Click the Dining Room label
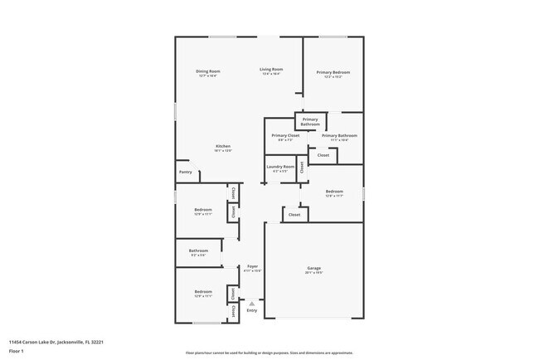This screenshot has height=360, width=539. coord(207,71)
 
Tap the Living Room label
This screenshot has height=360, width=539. coord(271,70)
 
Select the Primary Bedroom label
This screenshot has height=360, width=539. coord(333,72)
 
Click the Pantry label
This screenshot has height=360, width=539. coord(186,172)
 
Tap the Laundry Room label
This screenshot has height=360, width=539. coord(280,167)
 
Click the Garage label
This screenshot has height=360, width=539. coord(314,268)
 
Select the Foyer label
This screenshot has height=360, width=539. coord(252,266)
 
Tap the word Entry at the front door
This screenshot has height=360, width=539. coord(252,311)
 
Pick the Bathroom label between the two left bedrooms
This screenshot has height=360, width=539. coord(198,251)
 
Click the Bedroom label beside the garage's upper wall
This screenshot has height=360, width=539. coord(333,192)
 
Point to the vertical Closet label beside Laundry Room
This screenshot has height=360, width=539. coord(302,166)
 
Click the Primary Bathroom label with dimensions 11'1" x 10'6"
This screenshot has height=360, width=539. coord(339,135)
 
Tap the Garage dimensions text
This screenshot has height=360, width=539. coord(314,273)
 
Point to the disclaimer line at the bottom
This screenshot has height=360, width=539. coord(269,353)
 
